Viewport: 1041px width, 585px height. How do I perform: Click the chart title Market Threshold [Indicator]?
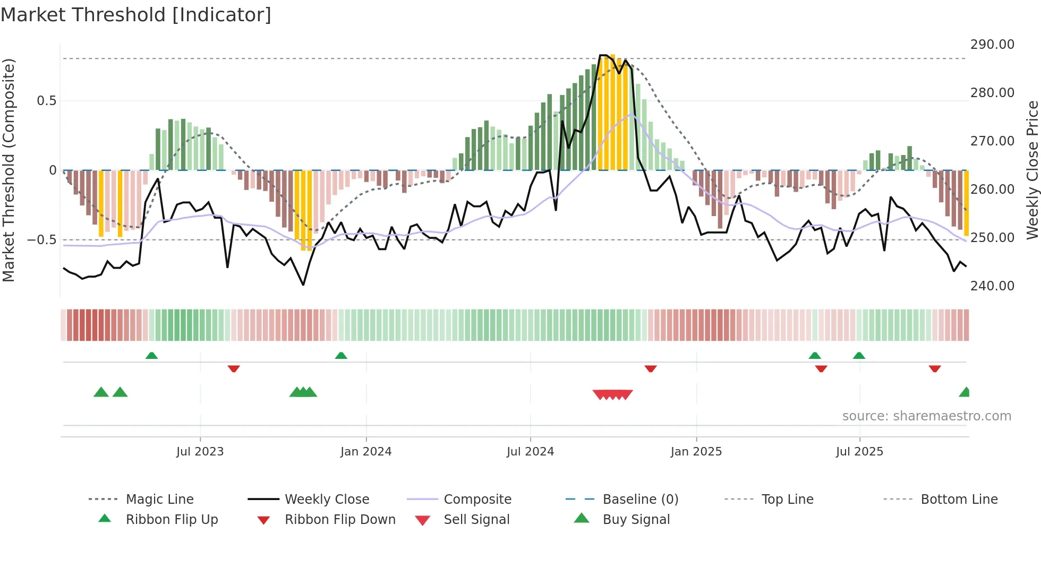(x=136, y=15)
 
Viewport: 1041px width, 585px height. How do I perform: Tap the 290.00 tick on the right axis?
(x=992, y=45)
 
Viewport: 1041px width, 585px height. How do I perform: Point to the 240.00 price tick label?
(x=992, y=286)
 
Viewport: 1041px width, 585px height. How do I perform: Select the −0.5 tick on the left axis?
(x=42, y=240)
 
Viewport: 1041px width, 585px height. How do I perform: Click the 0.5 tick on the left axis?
(x=46, y=101)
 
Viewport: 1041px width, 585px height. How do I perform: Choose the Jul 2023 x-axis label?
(x=200, y=452)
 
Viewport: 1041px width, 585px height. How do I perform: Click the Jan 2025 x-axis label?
(x=696, y=452)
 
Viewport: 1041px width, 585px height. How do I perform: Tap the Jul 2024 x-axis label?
(x=530, y=452)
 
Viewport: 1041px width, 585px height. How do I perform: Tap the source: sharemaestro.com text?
(x=926, y=416)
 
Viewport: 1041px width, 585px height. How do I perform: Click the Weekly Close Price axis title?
(x=1032, y=170)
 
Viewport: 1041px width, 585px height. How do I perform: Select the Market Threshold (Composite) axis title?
(x=8, y=170)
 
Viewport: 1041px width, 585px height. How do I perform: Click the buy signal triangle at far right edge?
(x=965, y=392)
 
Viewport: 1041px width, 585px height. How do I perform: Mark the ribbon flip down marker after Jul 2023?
(x=234, y=368)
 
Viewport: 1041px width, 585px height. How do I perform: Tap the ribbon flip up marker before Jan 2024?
(x=341, y=356)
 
